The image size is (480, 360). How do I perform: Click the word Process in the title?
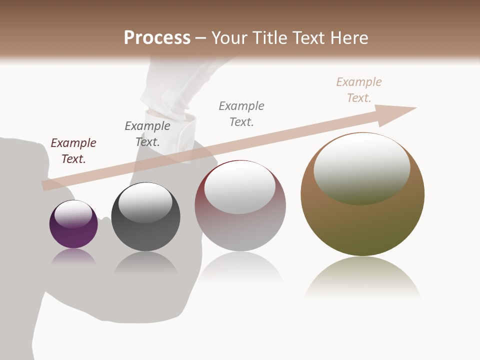(157, 38)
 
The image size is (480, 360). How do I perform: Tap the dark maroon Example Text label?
(73, 151)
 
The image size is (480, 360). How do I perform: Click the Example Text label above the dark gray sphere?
(147, 133)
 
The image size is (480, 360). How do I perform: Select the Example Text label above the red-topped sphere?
(241, 113)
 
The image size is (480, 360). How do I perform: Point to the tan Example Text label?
(359, 90)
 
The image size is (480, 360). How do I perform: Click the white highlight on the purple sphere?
(73, 214)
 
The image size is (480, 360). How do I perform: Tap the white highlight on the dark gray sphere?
(145, 202)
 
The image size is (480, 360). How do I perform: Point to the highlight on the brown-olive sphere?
(362, 169)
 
